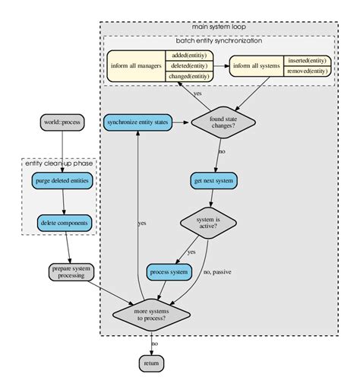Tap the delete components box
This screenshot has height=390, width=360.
click(64, 223)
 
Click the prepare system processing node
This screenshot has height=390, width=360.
click(71, 271)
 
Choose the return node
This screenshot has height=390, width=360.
click(151, 364)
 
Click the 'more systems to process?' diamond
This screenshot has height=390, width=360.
click(151, 313)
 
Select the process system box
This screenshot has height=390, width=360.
click(169, 271)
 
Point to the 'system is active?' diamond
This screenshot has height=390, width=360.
click(208, 223)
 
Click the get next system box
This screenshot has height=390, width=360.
click(214, 180)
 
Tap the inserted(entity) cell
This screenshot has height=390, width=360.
click(308, 61)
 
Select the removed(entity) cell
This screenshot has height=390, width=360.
click(308, 71)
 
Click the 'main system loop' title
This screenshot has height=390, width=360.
click(219, 27)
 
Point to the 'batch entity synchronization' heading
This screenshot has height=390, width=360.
click(219, 40)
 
